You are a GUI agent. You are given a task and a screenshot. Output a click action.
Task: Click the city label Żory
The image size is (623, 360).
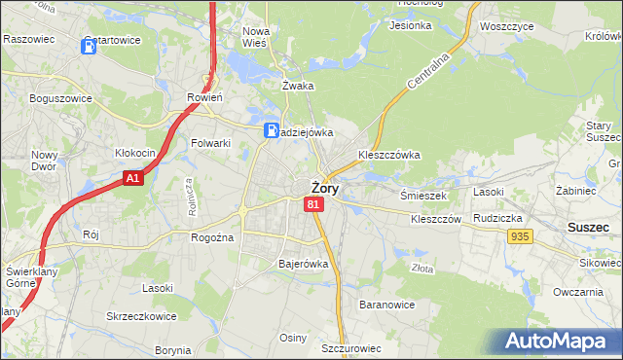click(x=325, y=189)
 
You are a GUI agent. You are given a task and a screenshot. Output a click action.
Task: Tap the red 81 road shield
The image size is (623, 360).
click(x=312, y=204)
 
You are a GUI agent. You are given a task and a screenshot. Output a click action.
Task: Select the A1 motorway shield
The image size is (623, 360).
click(x=134, y=178)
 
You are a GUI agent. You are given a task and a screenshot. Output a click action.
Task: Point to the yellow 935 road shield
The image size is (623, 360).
click(x=520, y=236)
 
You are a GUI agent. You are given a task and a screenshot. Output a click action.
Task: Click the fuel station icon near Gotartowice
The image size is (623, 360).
click(x=90, y=46)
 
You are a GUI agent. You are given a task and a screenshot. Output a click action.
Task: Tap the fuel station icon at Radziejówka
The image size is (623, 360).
click(x=274, y=129)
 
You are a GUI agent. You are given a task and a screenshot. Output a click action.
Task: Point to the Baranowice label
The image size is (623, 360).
click(x=387, y=305)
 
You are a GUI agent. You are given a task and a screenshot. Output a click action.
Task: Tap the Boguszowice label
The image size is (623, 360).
click(x=60, y=98)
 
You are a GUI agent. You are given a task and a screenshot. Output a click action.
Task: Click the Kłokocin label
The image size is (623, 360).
click(x=135, y=153)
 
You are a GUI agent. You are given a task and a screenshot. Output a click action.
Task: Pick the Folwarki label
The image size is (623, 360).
click(x=210, y=143)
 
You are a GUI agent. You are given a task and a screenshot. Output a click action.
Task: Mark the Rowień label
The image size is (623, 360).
click(x=205, y=97)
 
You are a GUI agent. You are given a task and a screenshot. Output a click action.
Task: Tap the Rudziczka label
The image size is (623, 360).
click(x=499, y=218)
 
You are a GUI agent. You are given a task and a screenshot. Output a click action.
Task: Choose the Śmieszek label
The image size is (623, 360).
click(x=423, y=195)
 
